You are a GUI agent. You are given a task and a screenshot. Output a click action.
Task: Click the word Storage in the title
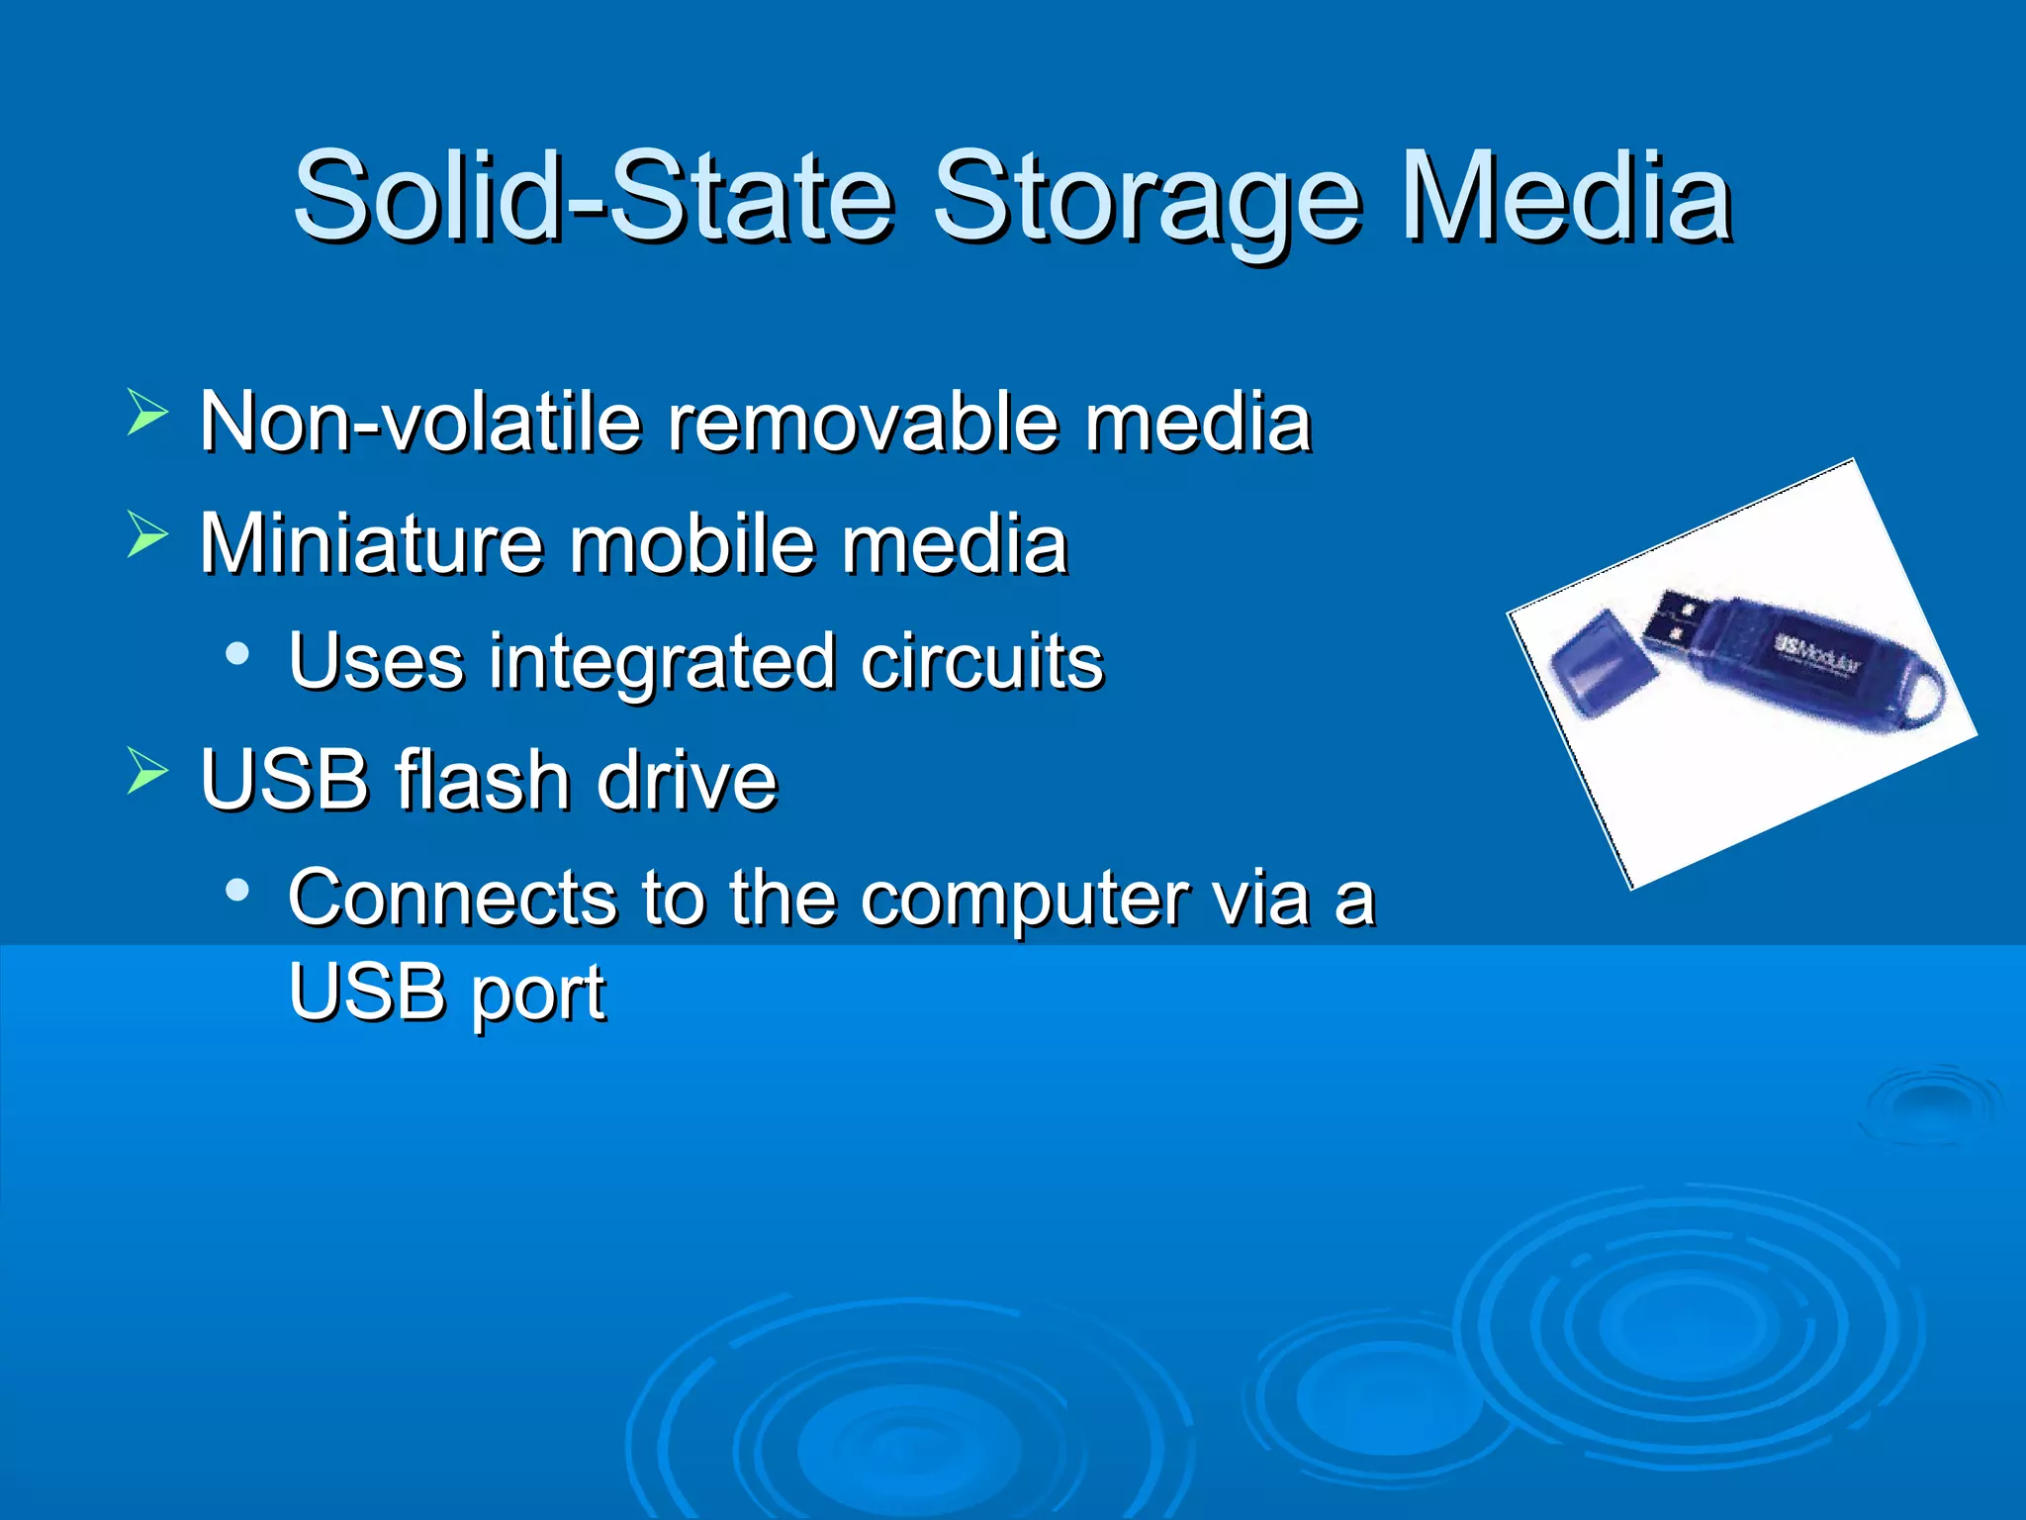tap(1148, 198)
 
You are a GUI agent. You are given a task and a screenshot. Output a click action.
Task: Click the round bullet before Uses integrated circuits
tap(236, 653)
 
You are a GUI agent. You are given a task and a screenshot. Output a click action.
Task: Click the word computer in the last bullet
tap(1025, 901)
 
